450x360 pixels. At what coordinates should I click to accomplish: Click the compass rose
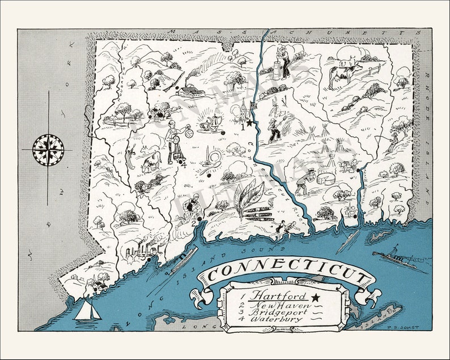(48, 150)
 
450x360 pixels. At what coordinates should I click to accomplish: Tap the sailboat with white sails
(88, 310)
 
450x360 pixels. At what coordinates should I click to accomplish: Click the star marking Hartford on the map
(249, 123)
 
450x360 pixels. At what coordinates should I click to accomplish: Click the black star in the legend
(315, 297)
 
